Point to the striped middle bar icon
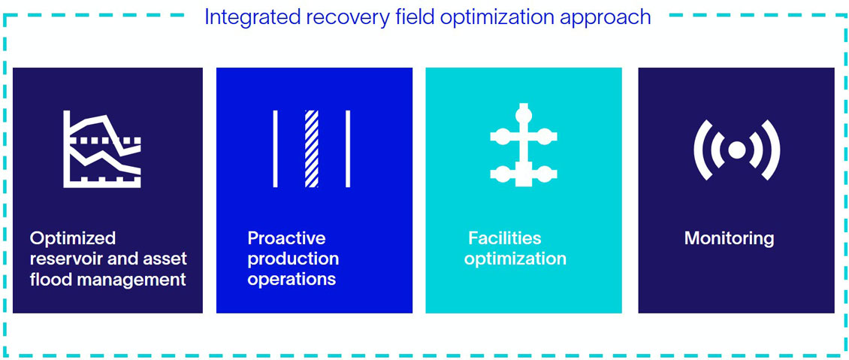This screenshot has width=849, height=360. click(x=311, y=149)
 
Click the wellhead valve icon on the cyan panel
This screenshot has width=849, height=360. click(x=524, y=146)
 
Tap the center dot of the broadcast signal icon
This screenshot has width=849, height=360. click(x=736, y=150)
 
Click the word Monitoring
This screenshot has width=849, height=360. click(x=729, y=239)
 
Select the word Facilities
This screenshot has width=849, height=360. click(x=504, y=238)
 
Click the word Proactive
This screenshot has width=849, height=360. click(x=286, y=238)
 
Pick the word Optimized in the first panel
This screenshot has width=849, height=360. click(x=73, y=238)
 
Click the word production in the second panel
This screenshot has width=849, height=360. click(x=293, y=259)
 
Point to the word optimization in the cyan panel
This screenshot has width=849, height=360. click(x=515, y=259)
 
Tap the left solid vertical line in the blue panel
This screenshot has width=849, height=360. click(x=275, y=149)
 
